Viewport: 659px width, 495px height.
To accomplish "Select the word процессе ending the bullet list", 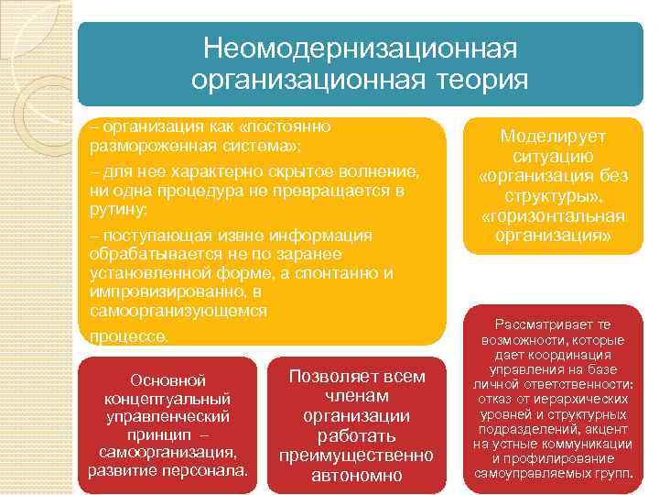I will (x=128, y=336).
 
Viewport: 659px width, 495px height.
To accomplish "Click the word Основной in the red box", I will (x=167, y=379).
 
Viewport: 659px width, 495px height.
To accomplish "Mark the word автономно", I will (x=356, y=476).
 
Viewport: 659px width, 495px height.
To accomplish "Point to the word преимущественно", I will (x=356, y=456).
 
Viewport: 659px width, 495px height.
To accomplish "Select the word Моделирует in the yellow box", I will (x=552, y=137).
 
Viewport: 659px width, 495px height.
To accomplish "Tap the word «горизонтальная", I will (x=552, y=216).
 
